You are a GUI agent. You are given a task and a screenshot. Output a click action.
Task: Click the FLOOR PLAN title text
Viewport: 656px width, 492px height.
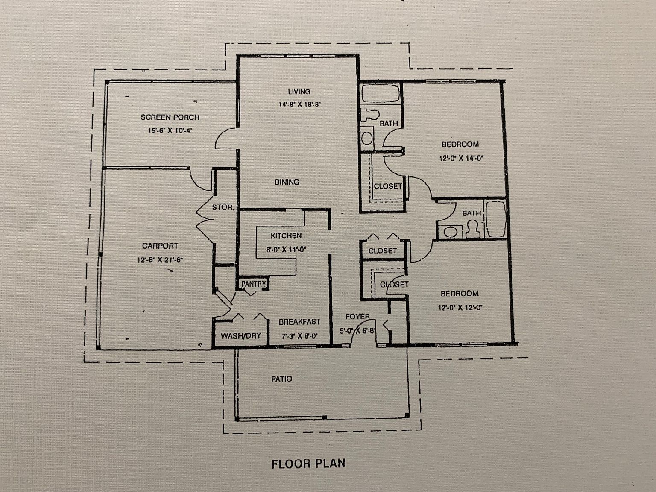(x=308, y=463)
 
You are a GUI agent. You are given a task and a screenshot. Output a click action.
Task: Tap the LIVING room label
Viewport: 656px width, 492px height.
(x=299, y=91)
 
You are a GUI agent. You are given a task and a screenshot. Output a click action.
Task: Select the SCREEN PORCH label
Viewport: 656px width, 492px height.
(x=170, y=117)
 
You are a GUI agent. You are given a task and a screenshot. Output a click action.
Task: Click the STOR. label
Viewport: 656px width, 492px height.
(x=223, y=208)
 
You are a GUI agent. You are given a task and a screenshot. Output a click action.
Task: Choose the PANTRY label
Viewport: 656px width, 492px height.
(x=253, y=284)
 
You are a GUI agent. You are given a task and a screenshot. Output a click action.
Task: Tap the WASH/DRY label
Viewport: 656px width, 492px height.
(x=240, y=336)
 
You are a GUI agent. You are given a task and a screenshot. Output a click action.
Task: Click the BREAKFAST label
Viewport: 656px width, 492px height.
(x=299, y=322)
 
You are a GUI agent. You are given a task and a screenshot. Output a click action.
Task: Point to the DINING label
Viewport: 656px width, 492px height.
(x=287, y=182)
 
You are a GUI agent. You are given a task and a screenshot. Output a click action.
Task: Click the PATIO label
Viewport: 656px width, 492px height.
(x=282, y=379)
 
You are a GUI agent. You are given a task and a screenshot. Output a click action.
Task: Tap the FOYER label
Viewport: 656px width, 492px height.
(x=357, y=316)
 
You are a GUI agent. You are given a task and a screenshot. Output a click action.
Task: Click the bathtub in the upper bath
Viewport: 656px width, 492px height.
(x=380, y=94)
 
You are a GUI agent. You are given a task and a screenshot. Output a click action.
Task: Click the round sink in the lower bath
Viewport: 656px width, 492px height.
(x=450, y=232)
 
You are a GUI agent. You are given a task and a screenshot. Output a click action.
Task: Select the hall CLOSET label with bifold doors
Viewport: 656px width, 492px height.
(x=382, y=251)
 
